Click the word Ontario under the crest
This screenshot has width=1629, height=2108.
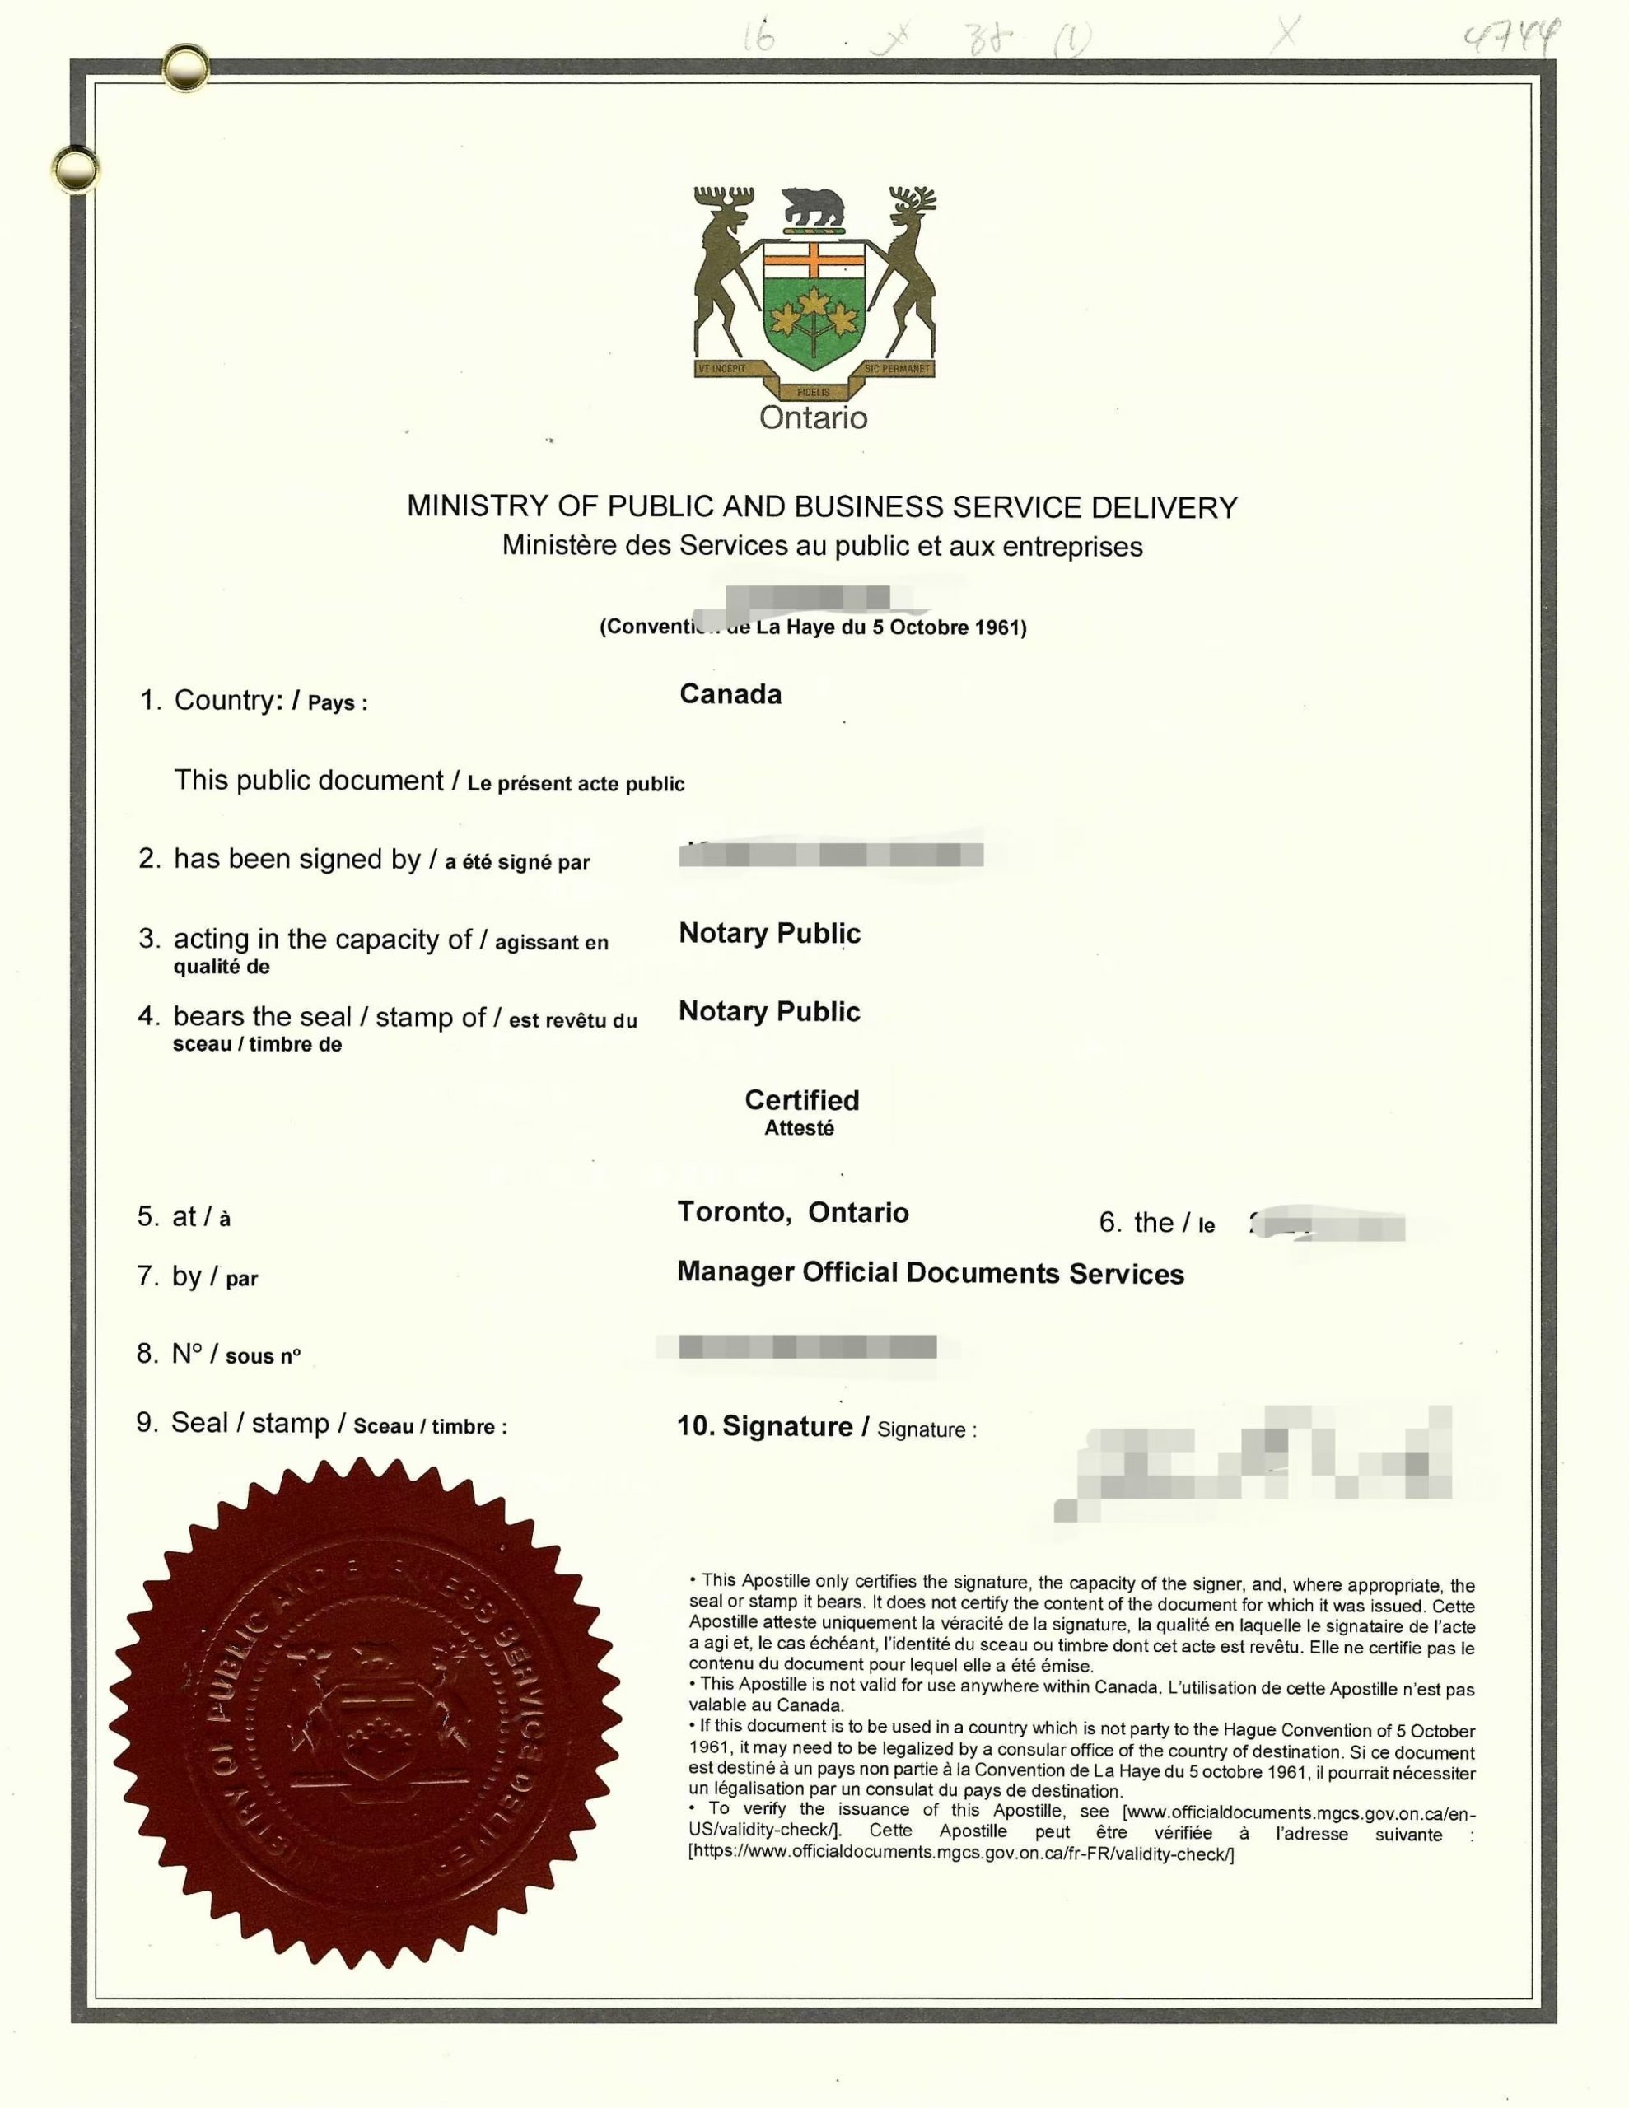(x=813, y=418)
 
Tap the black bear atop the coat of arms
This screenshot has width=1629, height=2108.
(x=813, y=206)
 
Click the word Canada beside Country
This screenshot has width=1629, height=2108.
(x=730, y=694)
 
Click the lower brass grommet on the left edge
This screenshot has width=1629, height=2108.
(x=75, y=169)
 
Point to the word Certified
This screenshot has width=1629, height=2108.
(x=801, y=1100)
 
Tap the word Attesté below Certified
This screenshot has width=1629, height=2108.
(x=799, y=1128)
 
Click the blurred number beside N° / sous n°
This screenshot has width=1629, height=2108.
(x=807, y=1346)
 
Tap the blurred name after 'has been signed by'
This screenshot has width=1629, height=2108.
(x=830, y=854)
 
